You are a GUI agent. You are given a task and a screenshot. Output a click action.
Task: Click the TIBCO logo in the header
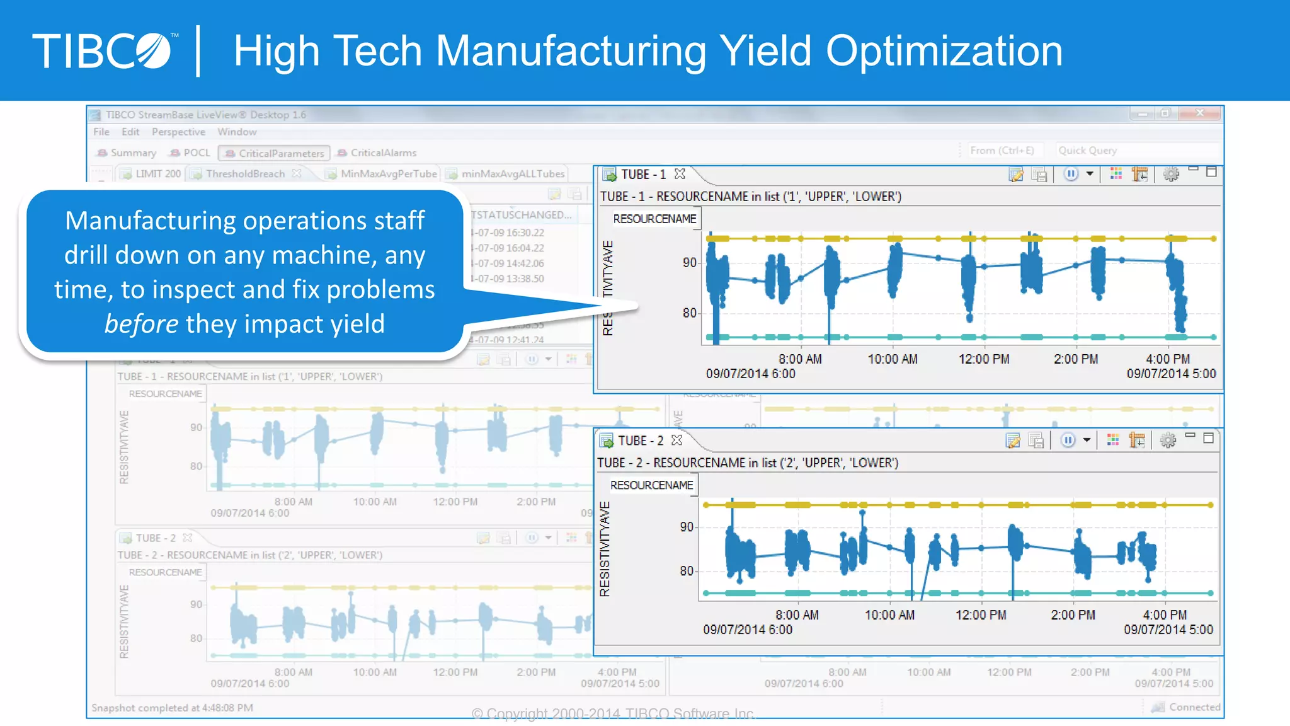pyautogui.click(x=104, y=50)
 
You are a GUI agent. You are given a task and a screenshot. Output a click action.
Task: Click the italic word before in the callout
pyautogui.click(x=141, y=324)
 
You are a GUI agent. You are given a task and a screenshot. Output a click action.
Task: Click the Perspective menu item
pyautogui.click(x=178, y=132)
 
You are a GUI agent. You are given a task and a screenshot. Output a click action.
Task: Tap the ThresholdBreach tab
pyautogui.click(x=245, y=173)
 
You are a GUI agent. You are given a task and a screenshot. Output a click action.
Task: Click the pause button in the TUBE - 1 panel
pyautogui.click(x=1071, y=174)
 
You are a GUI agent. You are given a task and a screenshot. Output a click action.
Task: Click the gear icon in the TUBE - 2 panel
pyautogui.click(x=1168, y=440)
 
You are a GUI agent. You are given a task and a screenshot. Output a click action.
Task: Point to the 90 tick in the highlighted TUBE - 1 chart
pyautogui.click(x=690, y=262)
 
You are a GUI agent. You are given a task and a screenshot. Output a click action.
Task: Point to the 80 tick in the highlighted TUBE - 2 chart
pyautogui.click(x=687, y=571)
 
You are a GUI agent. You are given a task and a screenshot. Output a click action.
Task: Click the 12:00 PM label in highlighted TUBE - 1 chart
pyautogui.click(x=983, y=359)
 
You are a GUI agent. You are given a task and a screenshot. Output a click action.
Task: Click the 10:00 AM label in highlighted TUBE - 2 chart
pyautogui.click(x=889, y=615)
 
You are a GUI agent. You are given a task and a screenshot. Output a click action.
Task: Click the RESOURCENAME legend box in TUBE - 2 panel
pyautogui.click(x=651, y=485)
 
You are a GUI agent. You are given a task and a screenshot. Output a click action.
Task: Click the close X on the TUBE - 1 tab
pyautogui.click(x=680, y=174)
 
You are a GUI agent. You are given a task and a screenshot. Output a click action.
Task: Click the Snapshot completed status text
pyautogui.click(x=172, y=708)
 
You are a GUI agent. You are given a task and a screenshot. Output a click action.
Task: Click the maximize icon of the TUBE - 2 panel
pyautogui.click(x=1208, y=439)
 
